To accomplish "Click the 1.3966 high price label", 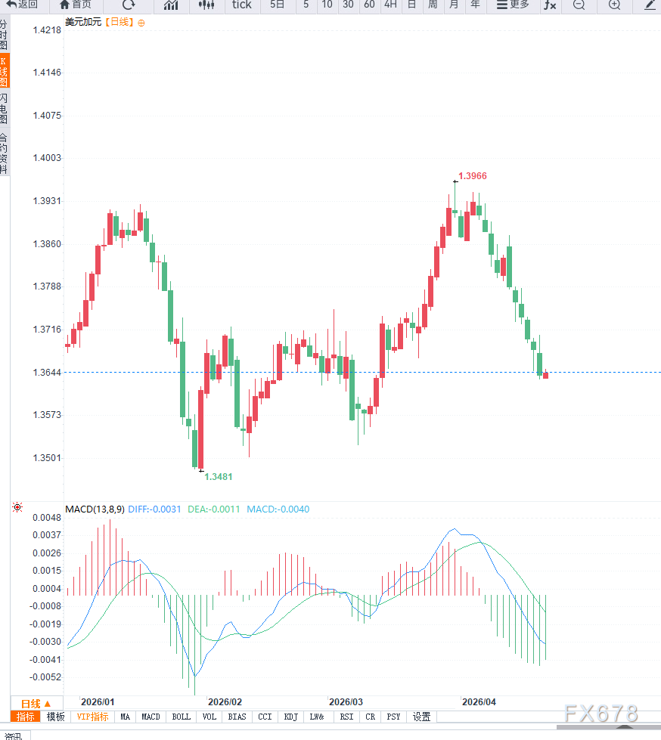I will (473, 176).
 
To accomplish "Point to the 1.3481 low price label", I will (219, 477).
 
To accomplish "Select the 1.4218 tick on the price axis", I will (47, 30).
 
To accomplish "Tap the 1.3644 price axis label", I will (47, 373).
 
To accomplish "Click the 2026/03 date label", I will (346, 702).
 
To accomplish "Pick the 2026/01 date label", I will (98, 702).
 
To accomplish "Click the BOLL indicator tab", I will (182, 717).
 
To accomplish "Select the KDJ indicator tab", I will (291, 717).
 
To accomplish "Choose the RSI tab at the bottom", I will (346, 717).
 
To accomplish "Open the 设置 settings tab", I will (421, 717).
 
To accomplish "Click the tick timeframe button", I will (242, 5).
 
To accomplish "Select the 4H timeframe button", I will (390, 5).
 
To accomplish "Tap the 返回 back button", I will (23, 5).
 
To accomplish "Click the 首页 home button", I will (76, 5).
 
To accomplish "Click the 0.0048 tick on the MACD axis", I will (47, 518).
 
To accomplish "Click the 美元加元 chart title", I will (83, 22).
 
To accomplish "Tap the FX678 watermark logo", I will (601, 714).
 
